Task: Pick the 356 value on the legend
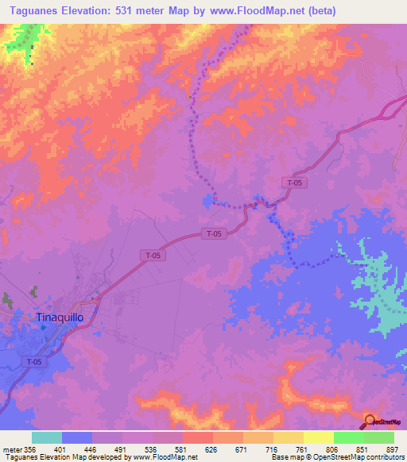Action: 30,449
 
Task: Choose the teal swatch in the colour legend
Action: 47,437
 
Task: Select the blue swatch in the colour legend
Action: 77,437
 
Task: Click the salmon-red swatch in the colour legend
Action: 198,437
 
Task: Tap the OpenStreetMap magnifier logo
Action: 370,421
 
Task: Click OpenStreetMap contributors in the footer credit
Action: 359,457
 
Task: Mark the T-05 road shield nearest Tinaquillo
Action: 33,361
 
